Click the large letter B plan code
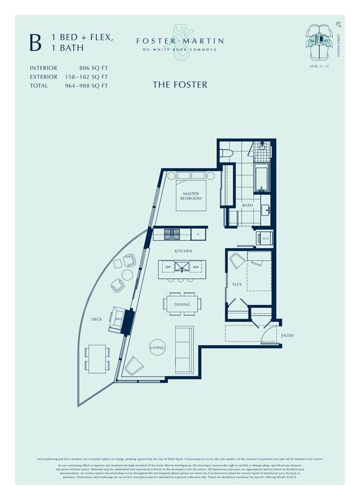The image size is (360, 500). point(36,43)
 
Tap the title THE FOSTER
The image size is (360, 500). point(179,84)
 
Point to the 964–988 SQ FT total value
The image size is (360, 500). point(86,86)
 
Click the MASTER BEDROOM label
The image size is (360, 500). point(191,196)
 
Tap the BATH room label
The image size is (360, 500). point(247,206)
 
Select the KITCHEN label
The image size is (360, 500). point(183,251)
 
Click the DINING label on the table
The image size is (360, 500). point(182,305)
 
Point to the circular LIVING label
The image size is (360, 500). point(157,347)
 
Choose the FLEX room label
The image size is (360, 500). point(237,284)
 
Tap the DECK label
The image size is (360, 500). point(97,319)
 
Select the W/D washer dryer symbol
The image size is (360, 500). point(264,238)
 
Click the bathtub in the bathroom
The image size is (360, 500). point(262,177)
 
